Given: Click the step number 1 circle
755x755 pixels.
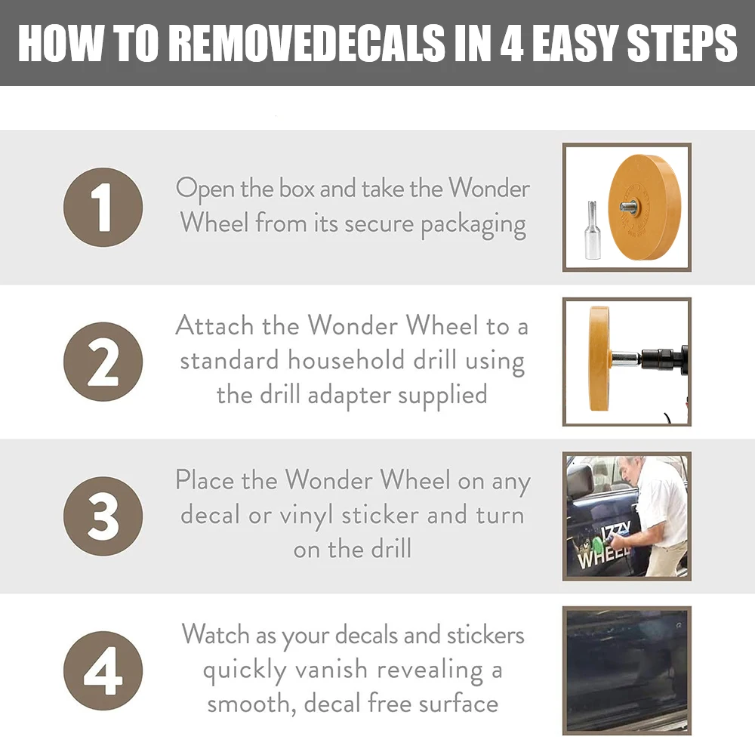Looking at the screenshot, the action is (103, 208).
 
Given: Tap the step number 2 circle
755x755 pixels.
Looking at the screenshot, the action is (103, 362).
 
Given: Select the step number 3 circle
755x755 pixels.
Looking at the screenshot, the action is (103, 516).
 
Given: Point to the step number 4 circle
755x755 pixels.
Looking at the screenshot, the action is (103, 670).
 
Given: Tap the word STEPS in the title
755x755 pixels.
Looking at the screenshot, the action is (683, 42).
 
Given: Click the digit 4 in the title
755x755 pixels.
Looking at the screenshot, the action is (511, 42).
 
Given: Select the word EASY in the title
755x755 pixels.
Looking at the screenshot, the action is (575, 42).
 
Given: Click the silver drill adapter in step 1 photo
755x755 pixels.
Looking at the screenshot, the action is (591, 230).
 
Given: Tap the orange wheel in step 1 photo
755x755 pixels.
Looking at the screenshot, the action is (643, 207).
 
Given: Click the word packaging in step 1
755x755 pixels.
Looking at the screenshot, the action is (473, 225).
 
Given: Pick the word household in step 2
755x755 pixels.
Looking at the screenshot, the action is (347, 360).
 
